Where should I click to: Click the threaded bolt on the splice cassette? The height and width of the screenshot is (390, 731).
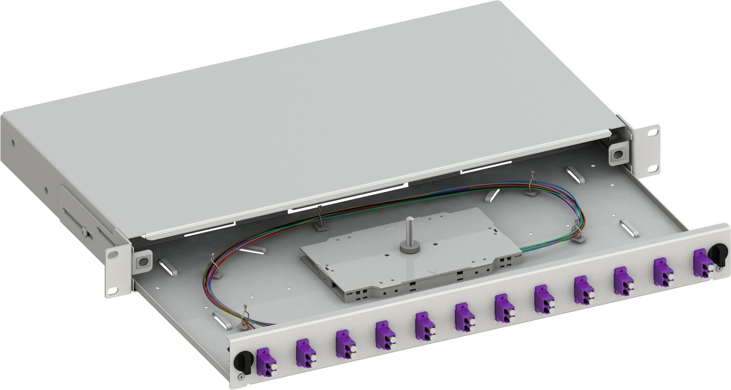[x=410, y=230]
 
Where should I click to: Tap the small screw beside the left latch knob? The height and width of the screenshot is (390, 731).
[x=239, y=377]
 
